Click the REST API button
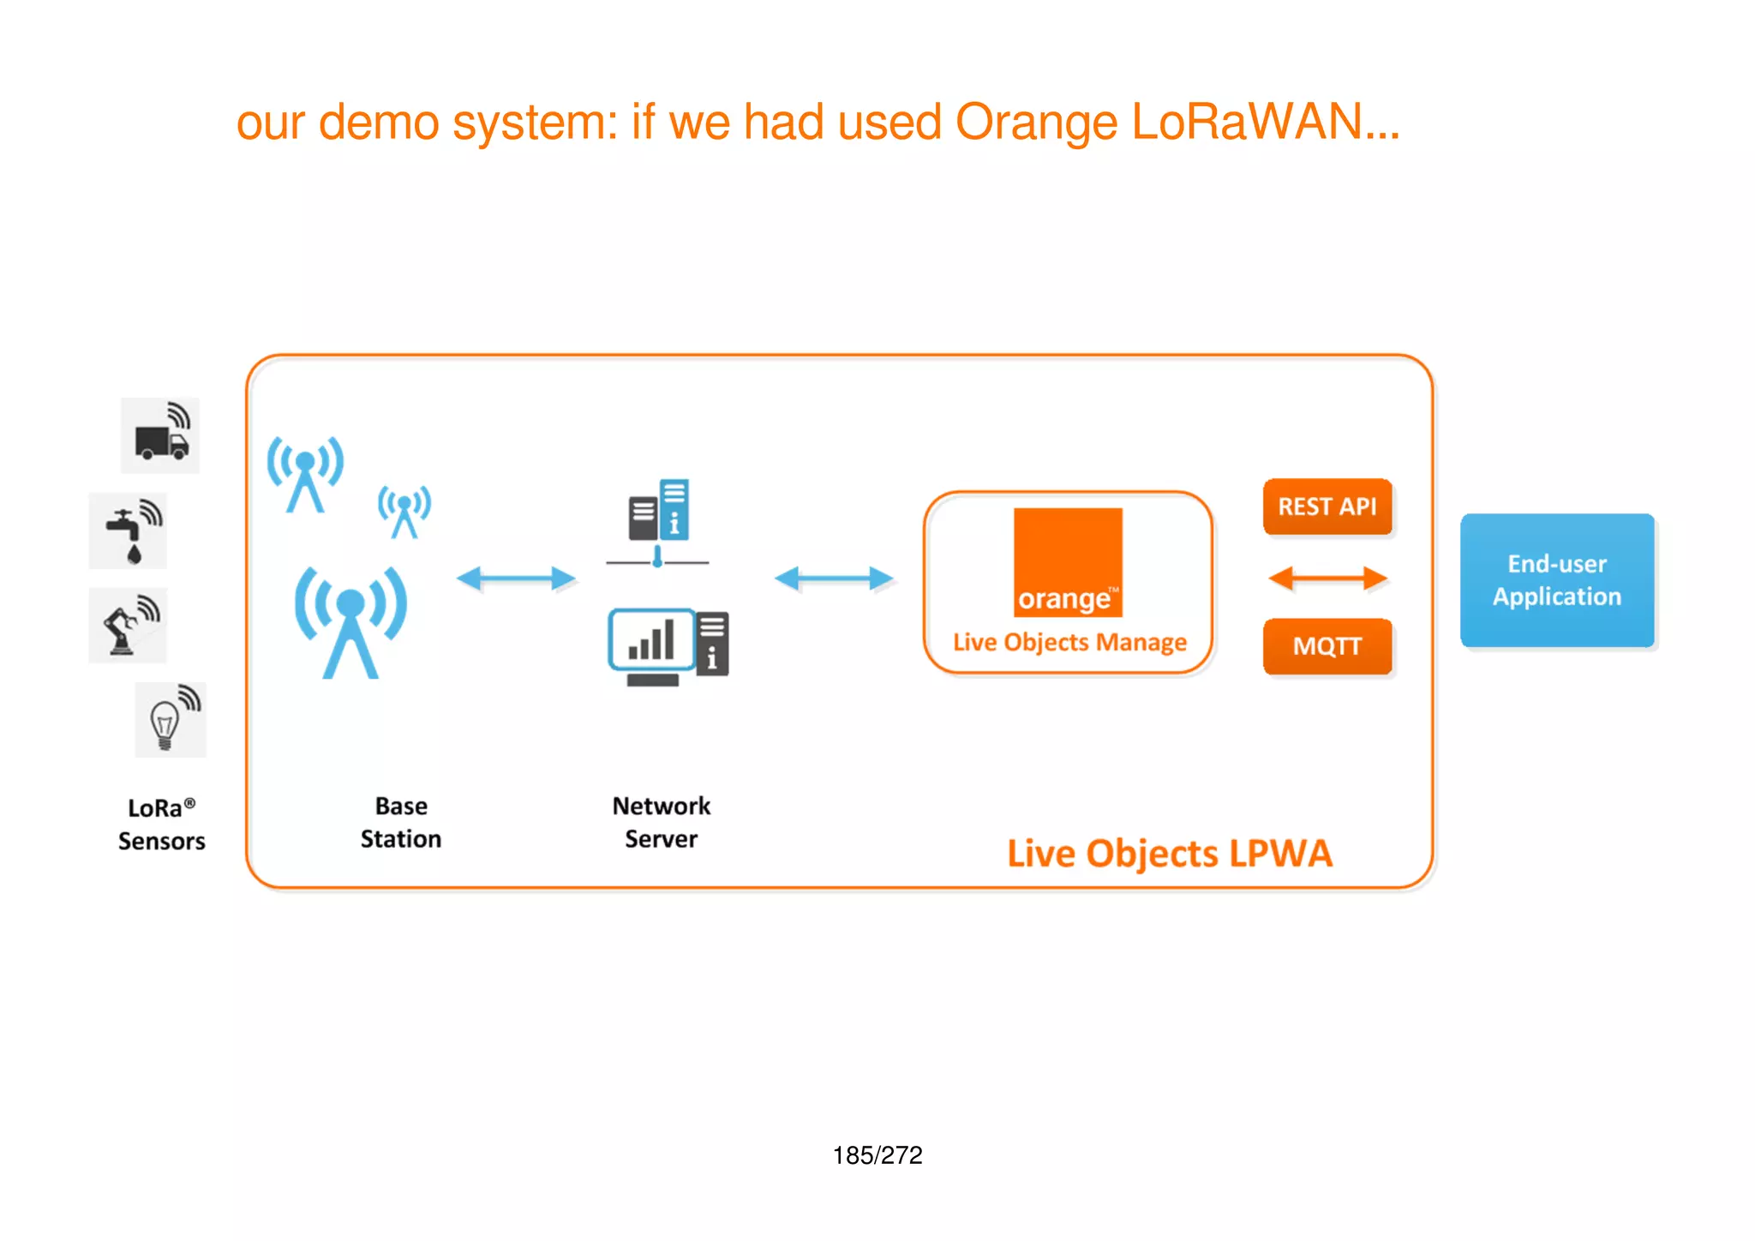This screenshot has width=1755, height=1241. click(x=1327, y=507)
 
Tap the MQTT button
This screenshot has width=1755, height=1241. click(x=1327, y=646)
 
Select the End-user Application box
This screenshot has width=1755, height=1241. click(x=1556, y=580)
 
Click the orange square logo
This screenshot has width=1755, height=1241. click(x=1068, y=562)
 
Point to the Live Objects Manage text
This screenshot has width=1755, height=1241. click(x=1069, y=642)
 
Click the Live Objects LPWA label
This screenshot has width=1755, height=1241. click(x=1169, y=854)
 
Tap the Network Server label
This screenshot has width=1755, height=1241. click(x=661, y=822)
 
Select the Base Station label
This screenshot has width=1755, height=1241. click(x=400, y=822)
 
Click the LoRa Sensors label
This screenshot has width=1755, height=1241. click(x=161, y=824)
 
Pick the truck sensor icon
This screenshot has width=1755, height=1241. click(x=160, y=435)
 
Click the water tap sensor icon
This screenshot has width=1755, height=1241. click(x=129, y=531)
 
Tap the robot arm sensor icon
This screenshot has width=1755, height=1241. click(x=129, y=626)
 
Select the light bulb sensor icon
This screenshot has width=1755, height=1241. click(x=171, y=720)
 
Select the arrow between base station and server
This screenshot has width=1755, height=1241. click(x=516, y=579)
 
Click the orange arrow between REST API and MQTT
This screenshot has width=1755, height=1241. click(x=1327, y=579)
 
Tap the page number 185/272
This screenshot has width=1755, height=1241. click(x=877, y=1155)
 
